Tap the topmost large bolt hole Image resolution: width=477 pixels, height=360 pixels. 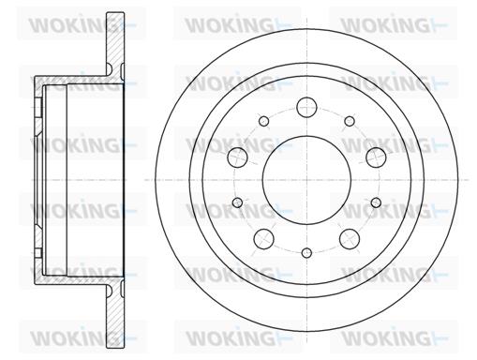[306, 107]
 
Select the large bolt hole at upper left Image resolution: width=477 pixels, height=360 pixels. [237, 157]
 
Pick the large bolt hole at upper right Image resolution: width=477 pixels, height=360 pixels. [376, 157]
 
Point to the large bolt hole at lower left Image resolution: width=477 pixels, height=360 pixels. [264, 239]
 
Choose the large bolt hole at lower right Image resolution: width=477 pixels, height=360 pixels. [350, 239]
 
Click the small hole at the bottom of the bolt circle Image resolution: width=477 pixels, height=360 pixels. [307, 253]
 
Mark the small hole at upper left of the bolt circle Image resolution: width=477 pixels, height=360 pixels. [264, 121]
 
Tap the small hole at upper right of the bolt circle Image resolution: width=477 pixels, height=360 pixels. [350, 121]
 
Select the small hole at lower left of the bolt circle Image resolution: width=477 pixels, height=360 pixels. [238, 202]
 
